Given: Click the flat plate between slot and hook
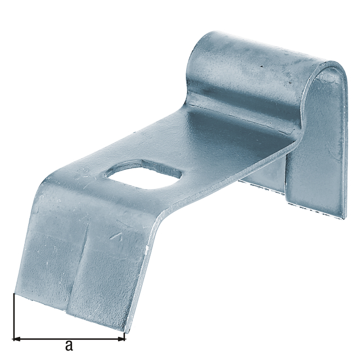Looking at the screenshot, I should [225, 141].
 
